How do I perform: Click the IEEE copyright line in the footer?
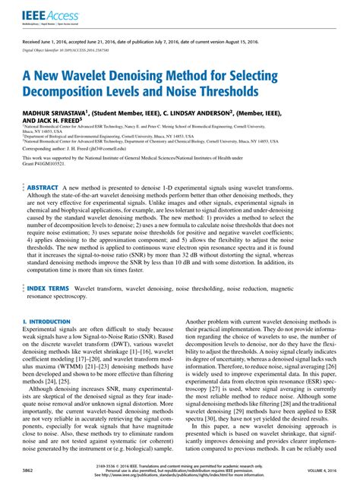coord(180,466)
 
